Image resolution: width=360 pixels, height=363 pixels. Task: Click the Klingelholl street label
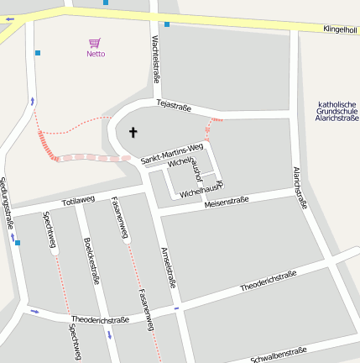click(340, 29)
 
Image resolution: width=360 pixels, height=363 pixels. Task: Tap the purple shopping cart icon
click(95, 42)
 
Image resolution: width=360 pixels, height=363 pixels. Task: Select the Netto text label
click(96, 54)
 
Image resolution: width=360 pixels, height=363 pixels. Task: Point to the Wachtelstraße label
click(155, 59)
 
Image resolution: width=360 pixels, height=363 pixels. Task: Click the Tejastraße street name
click(175, 106)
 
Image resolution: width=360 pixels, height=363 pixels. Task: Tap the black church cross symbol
click(132, 132)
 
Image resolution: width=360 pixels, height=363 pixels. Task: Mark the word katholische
click(337, 104)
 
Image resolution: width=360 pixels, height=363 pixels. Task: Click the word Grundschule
click(337, 111)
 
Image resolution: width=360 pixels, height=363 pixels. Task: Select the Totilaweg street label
click(79, 202)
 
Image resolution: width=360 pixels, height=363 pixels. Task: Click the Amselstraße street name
click(168, 267)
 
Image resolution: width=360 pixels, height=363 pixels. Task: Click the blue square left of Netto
click(38, 53)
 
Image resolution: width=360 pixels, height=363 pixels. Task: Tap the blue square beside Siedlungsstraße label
click(18, 243)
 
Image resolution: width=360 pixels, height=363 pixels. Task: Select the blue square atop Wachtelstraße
click(167, 24)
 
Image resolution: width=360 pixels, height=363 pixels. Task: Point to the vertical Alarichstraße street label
click(300, 187)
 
